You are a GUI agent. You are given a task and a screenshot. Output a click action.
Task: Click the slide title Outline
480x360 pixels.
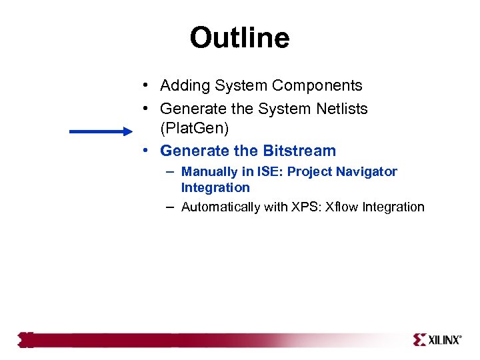(x=239, y=38)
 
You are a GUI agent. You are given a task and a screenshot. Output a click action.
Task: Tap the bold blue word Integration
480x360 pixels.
(x=215, y=188)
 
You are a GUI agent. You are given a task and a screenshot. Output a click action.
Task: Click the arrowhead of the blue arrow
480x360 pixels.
(x=127, y=132)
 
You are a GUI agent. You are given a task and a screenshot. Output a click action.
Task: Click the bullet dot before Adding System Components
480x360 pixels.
(x=145, y=86)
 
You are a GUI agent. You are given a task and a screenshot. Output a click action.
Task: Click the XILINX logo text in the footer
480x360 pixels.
(x=444, y=340)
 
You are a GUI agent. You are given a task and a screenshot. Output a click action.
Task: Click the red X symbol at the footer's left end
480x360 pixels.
(x=26, y=340)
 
